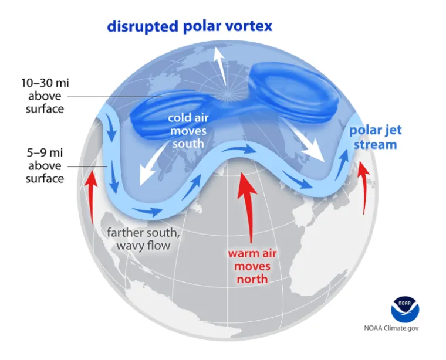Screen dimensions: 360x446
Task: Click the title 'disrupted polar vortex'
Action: [x=189, y=26]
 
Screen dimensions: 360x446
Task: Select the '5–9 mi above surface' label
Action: [x=44, y=166]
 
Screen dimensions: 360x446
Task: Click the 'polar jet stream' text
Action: [x=375, y=137]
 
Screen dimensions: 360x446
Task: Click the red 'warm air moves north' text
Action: [x=252, y=266]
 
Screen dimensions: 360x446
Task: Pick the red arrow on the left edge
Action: [x=91, y=193]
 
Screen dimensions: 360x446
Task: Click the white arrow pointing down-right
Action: [x=308, y=144]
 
